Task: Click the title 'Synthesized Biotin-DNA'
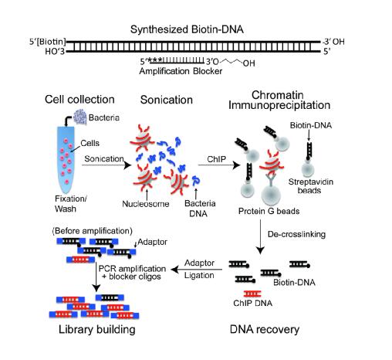point(187,29)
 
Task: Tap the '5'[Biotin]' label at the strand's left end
point(47,42)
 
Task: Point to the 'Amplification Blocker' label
point(181,71)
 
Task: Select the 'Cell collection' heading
point(79,100)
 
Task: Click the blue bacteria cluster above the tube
point(80,117)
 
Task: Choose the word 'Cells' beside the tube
point(90,143)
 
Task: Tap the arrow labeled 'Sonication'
point(106,165)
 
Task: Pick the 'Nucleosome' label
point(146,204)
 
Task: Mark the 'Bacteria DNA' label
point(200,209)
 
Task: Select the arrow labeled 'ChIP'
point(219,165)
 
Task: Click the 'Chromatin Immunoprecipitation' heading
point(279,100)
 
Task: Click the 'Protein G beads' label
point(269,211)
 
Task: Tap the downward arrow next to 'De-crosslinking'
point(260,236)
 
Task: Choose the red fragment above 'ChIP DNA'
point(252,294)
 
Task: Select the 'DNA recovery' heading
point(265,329)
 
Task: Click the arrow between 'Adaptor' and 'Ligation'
point(197,270)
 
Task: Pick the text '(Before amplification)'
point(92,231)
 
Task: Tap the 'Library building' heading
point(97,330)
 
